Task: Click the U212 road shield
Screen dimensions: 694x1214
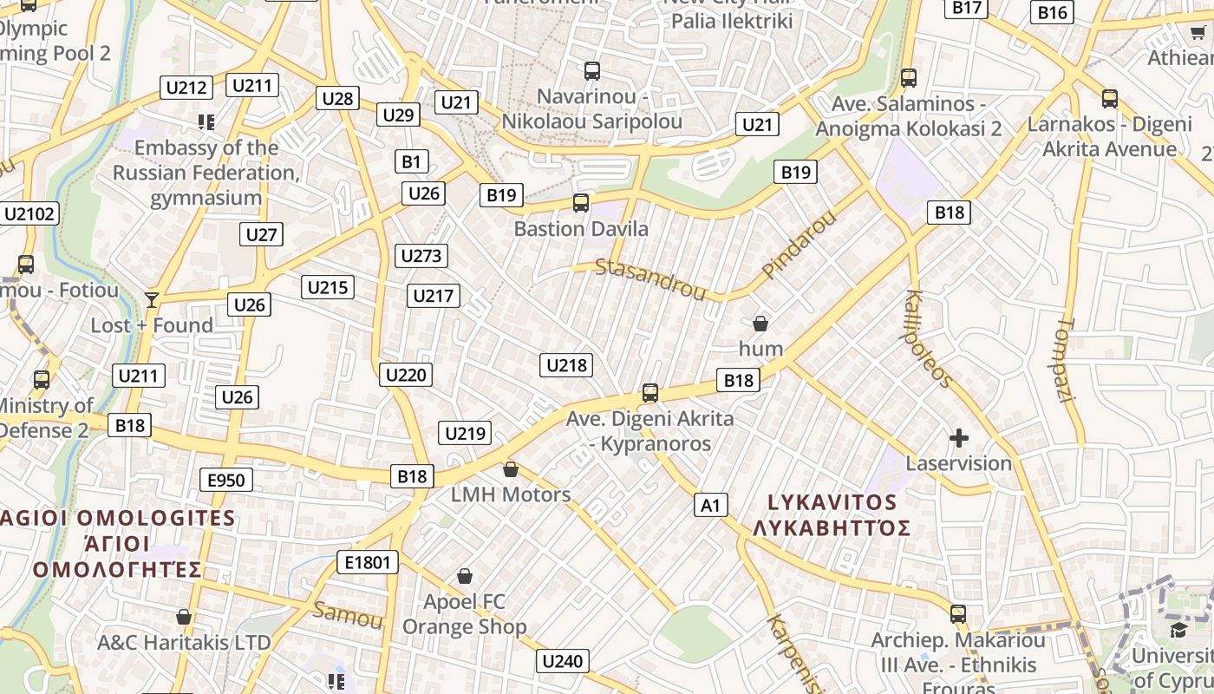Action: point(186,88)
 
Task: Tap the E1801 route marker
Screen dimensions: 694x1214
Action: point(368,563)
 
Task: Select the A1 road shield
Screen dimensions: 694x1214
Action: point(710,505)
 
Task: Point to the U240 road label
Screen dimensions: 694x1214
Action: point(562,662)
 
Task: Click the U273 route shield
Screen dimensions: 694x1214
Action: point(421,256)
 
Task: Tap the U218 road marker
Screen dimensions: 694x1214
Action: point(566,365)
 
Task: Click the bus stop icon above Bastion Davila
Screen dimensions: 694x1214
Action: point(581,203)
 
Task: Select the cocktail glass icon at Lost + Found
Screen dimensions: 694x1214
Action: point(152,300)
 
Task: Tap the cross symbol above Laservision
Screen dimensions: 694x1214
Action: point(959,438)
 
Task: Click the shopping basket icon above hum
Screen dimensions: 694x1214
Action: point(760,324)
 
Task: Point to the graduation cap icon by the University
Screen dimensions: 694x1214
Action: point(1178,629)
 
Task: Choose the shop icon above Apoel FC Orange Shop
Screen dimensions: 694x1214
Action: point(465,576)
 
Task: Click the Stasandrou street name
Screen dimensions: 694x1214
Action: point(650,278)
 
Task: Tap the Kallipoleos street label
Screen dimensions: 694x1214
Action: point(930,338)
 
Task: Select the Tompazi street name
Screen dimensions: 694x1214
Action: point(1067,360)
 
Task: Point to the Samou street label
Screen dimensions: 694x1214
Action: point(348,614)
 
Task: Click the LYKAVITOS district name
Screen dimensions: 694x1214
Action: point(832,502)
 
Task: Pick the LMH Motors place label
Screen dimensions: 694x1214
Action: point(511,494)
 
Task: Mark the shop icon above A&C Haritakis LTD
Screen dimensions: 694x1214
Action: point(184,617)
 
